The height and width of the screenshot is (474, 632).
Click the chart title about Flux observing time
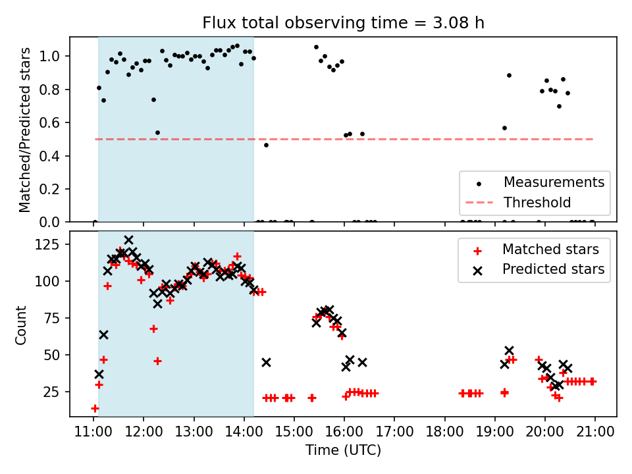click(x=343, y=24)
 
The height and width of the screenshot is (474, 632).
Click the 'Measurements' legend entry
click(x=554, y=182)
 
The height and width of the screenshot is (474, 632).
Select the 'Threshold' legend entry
click(x=537, y=202)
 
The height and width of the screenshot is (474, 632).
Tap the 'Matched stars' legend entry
click(x=550, y=250)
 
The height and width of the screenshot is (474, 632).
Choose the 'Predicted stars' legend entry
click(x=553, y=269)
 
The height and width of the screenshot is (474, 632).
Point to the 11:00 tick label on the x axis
click(x=93, y=432)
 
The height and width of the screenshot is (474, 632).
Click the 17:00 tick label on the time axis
click(x=394, y=432)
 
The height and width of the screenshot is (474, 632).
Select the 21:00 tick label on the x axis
click(x=595, y=432)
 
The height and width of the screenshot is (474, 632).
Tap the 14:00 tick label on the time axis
click(x=244, y=432)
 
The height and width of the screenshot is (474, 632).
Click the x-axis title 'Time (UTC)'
click(x=343, y=451)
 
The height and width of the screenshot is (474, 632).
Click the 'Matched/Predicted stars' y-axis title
click(x=25, y=129)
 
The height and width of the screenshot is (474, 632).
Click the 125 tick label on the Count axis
click(x=53, y=245)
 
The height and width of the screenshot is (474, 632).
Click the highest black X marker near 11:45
click(x=129, y=240)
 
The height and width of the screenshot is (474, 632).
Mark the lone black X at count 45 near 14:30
click(x=266, y=362)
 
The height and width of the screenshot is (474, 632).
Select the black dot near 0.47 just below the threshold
click(x=266, y=145)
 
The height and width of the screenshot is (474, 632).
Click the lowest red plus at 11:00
click(x=95, y=408)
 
